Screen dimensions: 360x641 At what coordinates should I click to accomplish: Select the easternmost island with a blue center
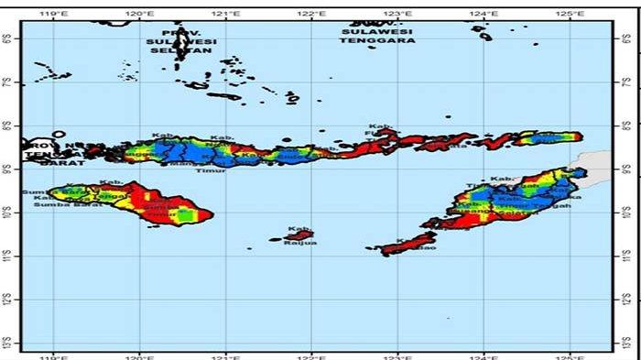pos(546,138)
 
